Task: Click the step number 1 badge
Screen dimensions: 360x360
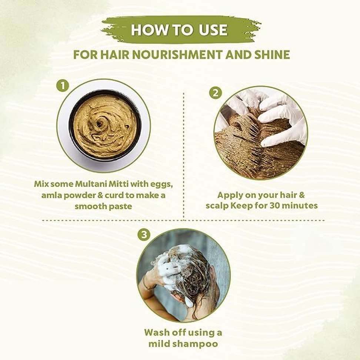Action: click(x=63, y=86)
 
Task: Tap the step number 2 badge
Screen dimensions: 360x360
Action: click(x=216, y=93)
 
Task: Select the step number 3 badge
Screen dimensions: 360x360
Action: click(x=144, y=235)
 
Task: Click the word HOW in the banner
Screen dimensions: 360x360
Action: click(x=150, y=30)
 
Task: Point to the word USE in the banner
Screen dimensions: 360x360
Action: click(x=213, y=30)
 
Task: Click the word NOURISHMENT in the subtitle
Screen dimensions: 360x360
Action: click(x=177, y=55)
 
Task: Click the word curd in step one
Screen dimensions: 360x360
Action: click(x=114, y=195)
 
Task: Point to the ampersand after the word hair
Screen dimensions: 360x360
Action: click(x=301, y=195)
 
